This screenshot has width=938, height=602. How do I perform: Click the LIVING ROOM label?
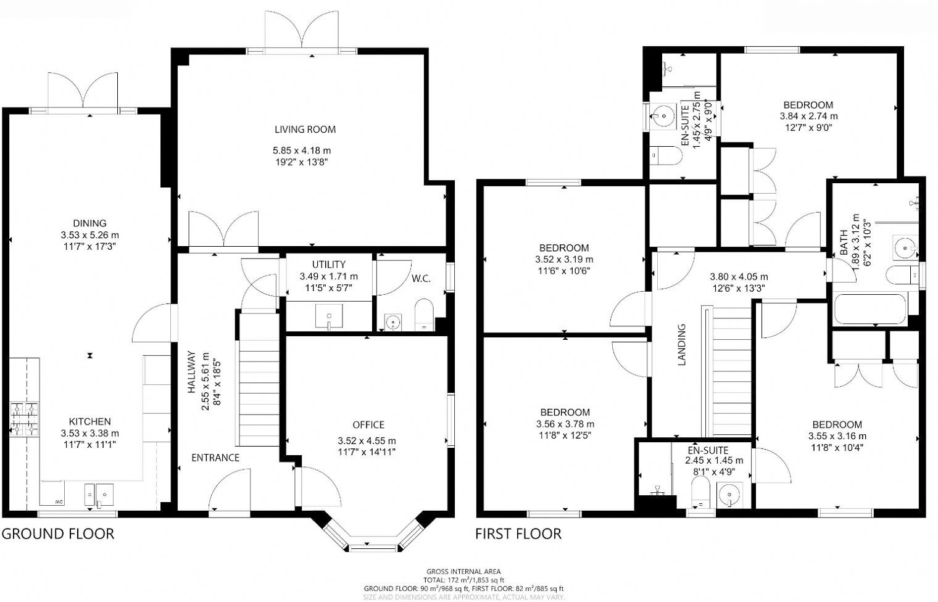click(305, 130)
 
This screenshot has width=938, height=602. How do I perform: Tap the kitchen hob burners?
click(24, 419)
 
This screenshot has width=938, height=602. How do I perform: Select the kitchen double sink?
click(99, 495)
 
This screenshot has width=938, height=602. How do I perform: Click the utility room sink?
click(329, 316)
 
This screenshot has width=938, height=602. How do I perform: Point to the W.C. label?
click(421, 279)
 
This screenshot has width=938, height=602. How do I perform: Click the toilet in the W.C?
click(424, 315)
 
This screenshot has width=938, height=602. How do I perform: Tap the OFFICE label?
click(368, 425)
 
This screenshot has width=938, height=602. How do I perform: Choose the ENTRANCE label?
click(215, 458)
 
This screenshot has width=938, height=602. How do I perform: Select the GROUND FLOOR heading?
click(58, 534)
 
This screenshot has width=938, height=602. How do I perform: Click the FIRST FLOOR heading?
click(518, 534)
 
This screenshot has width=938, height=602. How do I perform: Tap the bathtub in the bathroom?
click(870, 309)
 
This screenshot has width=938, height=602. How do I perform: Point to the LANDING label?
click(682, 345)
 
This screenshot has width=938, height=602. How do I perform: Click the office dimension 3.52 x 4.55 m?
click(367, 441)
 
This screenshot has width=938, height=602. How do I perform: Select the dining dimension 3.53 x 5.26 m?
click(89, 235)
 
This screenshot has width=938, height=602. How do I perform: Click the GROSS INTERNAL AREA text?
click(463, 571)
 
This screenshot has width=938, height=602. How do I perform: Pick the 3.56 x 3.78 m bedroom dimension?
click(565, 424)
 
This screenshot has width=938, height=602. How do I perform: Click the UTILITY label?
click(329, 265)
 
